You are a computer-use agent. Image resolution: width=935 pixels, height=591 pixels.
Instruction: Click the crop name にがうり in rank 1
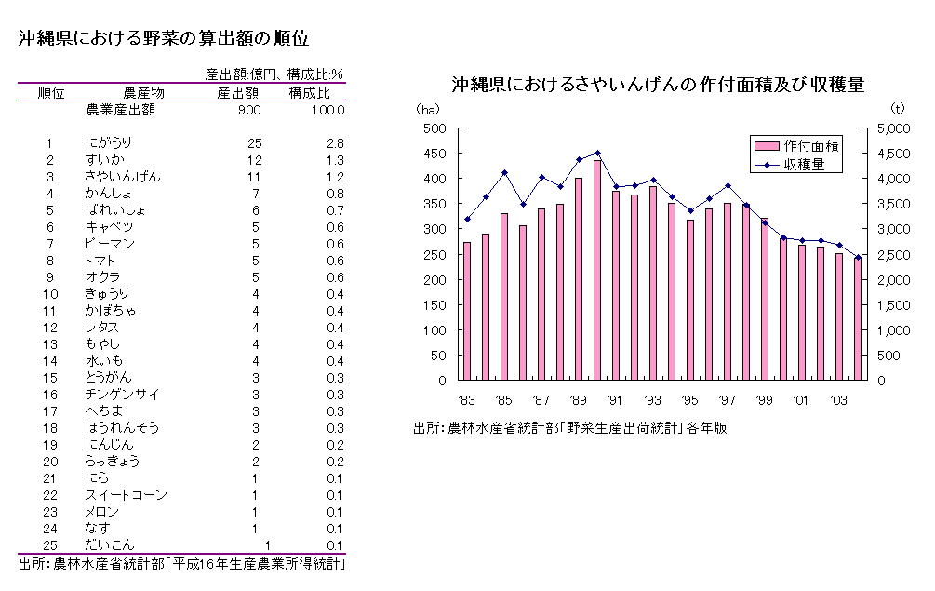tap(108, 142)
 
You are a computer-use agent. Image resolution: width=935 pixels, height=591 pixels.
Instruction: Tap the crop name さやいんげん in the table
tap(122, 176)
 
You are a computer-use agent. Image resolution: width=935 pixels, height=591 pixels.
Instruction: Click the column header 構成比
tap(308, 93)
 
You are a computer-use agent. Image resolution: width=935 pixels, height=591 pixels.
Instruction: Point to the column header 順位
tap(50, 93)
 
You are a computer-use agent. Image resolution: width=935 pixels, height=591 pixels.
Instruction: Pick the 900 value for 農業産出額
tap(248, 110)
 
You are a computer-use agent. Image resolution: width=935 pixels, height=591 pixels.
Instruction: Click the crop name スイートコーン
tap(125, 494)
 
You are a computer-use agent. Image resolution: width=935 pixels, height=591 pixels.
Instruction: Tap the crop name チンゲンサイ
tap(122, 394)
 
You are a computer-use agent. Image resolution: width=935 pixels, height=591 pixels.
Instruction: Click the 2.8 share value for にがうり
tap(336, 142)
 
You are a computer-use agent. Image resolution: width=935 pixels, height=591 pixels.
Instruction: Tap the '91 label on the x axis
tap(615, 400)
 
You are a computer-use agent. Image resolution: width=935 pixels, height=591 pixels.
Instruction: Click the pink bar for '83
tap(467, 312)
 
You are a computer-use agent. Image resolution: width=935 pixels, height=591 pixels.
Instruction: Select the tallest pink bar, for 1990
tap(597, 270)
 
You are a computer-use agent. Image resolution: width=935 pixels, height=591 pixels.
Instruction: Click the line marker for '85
tap(504, 172)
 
